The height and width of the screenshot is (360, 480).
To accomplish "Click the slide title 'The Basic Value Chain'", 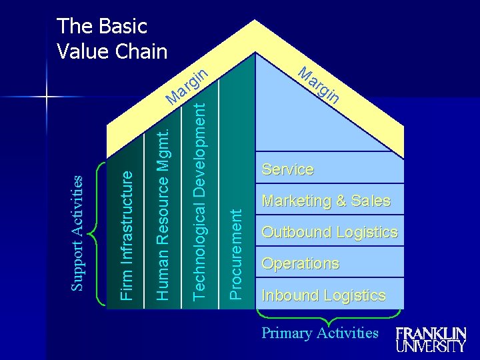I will pos(112,39).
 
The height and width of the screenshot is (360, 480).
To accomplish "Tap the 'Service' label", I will pos(287,169).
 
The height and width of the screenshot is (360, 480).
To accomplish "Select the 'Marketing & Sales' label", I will pos(326,201).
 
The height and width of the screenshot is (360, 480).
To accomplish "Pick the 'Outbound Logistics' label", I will pos(329,232).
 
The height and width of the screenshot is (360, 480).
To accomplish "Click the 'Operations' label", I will pos(300,263).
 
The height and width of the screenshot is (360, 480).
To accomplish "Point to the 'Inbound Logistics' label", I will pos(323,295).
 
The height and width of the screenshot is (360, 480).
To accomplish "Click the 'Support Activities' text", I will pos(78,233).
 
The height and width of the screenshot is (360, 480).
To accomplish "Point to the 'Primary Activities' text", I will pos(320,333).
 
